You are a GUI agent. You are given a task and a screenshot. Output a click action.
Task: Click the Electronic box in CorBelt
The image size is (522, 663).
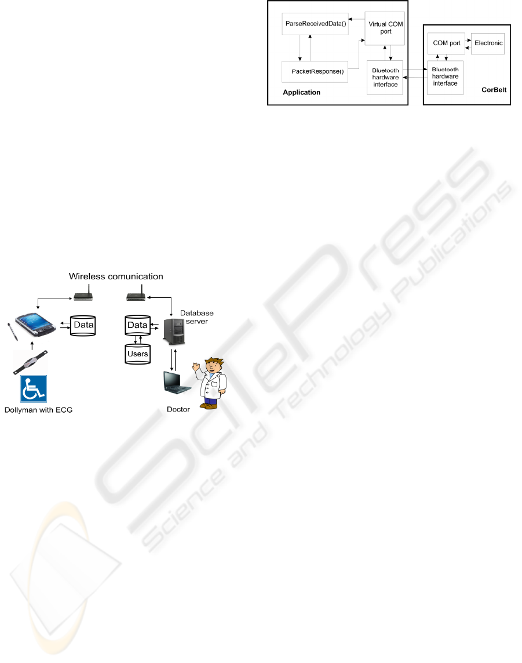[x=488, y=43]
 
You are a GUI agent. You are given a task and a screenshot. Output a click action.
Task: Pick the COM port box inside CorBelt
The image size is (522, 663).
[x=446, y=43]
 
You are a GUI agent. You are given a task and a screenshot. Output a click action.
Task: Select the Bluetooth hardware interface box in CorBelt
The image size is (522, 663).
[x=445, y=77]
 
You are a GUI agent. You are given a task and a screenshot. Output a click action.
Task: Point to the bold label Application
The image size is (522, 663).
[x=301, y=93]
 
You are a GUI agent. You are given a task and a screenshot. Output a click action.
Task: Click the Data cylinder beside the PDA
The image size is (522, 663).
[x=83, y=326]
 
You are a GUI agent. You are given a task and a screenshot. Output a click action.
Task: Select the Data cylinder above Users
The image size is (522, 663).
[x=137, y=326]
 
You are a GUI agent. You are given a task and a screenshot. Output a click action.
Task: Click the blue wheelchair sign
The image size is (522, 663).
[x=34, y=389]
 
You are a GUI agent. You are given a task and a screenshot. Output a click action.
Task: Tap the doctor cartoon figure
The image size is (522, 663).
[x=211, y=382]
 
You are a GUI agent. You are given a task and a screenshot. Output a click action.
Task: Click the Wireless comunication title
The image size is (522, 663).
[x=116, y=276]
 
